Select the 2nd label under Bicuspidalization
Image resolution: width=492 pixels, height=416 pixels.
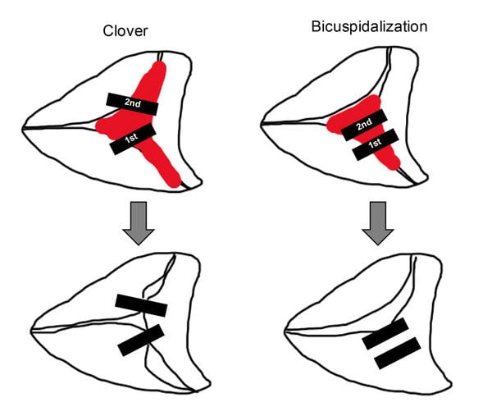363,124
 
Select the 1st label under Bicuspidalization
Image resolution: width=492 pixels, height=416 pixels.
375,144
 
